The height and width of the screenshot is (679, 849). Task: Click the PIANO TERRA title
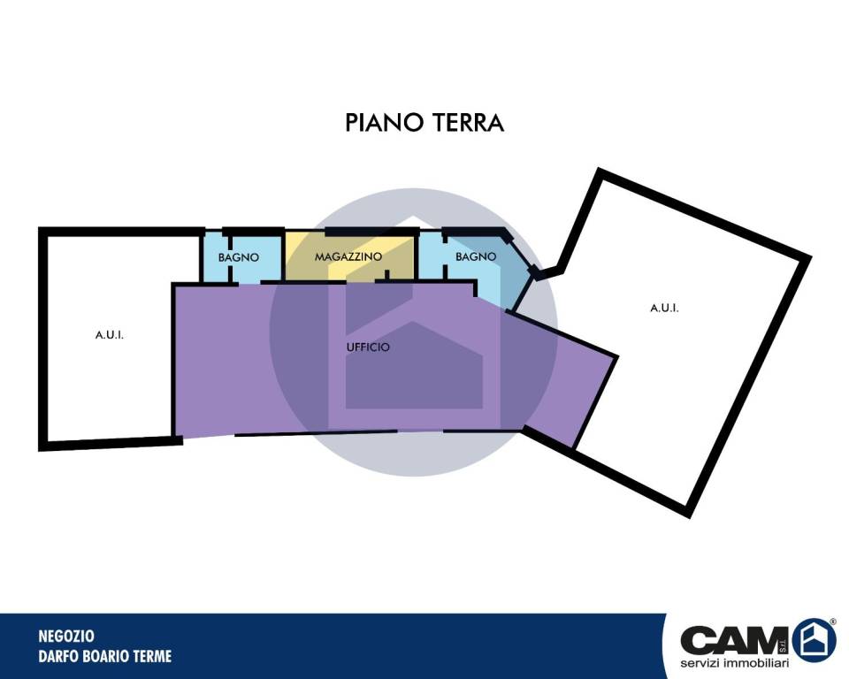(x=424, y=122)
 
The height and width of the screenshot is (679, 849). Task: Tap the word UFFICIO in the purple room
(x=368, y=347)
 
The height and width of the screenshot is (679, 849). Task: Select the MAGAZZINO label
(x=348, y=256)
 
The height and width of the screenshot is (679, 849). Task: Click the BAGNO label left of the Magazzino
(x=238, y=258)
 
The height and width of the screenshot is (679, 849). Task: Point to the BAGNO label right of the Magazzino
(x=476, y=256)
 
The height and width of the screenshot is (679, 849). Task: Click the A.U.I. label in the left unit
(x=110, y=335)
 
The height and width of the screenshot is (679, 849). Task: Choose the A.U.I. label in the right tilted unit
(x=664, y=308)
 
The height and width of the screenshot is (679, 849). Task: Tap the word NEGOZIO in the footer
(x=66, y=636)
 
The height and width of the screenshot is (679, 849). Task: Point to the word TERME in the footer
(x=153, y=656)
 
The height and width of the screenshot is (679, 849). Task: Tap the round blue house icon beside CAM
(x=815, y=639)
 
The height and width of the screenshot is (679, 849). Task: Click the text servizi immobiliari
(x=734, y=663)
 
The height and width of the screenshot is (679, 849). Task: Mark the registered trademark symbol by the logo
(x=833, y=622)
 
